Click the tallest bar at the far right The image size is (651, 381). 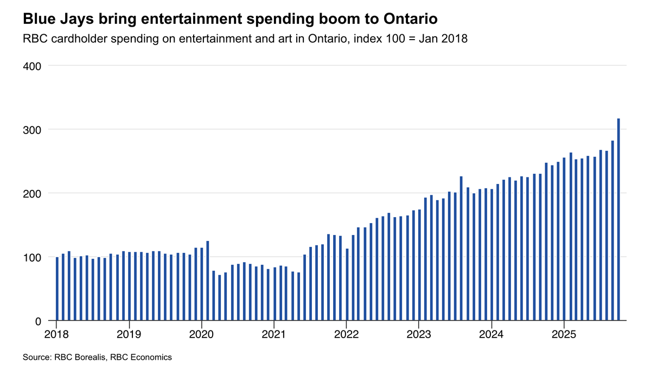tap(618, 219)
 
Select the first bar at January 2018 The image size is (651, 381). tap(58, 289)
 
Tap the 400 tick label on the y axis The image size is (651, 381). tap(32, 66)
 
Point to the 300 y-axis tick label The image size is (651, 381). tap(32, 130)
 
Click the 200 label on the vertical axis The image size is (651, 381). tap(32, 193)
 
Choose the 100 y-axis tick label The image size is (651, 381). tap(32, 257)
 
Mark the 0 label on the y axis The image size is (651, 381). tap(37, 321)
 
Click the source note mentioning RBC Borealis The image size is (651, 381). tap(97, 357)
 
